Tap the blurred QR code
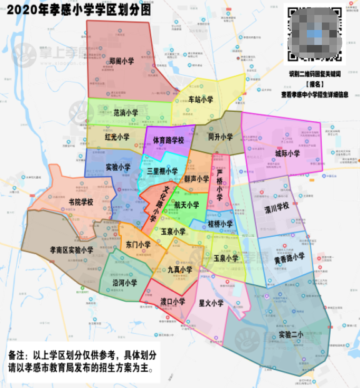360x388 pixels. [314, 34]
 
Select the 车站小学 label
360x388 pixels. [201, 99]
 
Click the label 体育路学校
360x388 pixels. [169, 141]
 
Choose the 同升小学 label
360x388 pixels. [220, 137]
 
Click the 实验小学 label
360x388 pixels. [118, 167]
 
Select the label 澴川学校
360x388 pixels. [277, 206]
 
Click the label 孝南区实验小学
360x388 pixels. [71, 250]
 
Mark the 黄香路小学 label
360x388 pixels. [289, 256]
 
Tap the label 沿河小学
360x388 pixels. [124, 282]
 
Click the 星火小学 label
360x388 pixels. [211, 304]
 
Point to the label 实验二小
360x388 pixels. [291, 334]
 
